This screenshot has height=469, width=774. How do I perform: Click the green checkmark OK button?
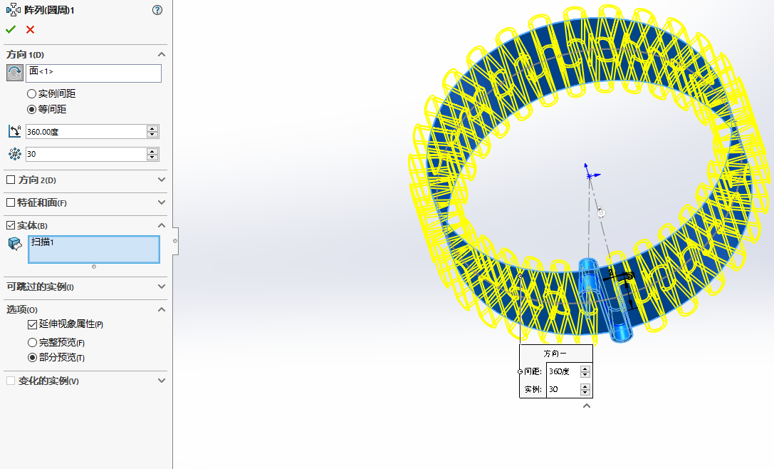pyautogui.click(x=11, y=30)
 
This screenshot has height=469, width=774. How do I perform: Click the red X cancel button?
pyautogui.click(x=30, y=30)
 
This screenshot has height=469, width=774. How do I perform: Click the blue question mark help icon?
pyautogui.click(x=157, y=10)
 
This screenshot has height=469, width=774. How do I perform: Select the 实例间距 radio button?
pyautogui.click(x=31, y=94)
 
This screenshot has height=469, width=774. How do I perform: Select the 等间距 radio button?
pyautogui.click(x=31, y=110)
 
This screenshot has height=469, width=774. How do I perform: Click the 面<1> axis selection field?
pyautogui.click(x=93, y=73)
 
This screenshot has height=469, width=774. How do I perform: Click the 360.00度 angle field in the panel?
pyautogui.click(x=86, y=132)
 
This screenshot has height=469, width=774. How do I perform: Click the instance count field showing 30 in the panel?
pyautogui.click(x=86, y=154)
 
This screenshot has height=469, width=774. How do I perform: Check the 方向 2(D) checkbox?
pyautogui.click(x=11, y=180)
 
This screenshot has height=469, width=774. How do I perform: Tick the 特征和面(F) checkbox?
pyautogui.click(x=11, y=202)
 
